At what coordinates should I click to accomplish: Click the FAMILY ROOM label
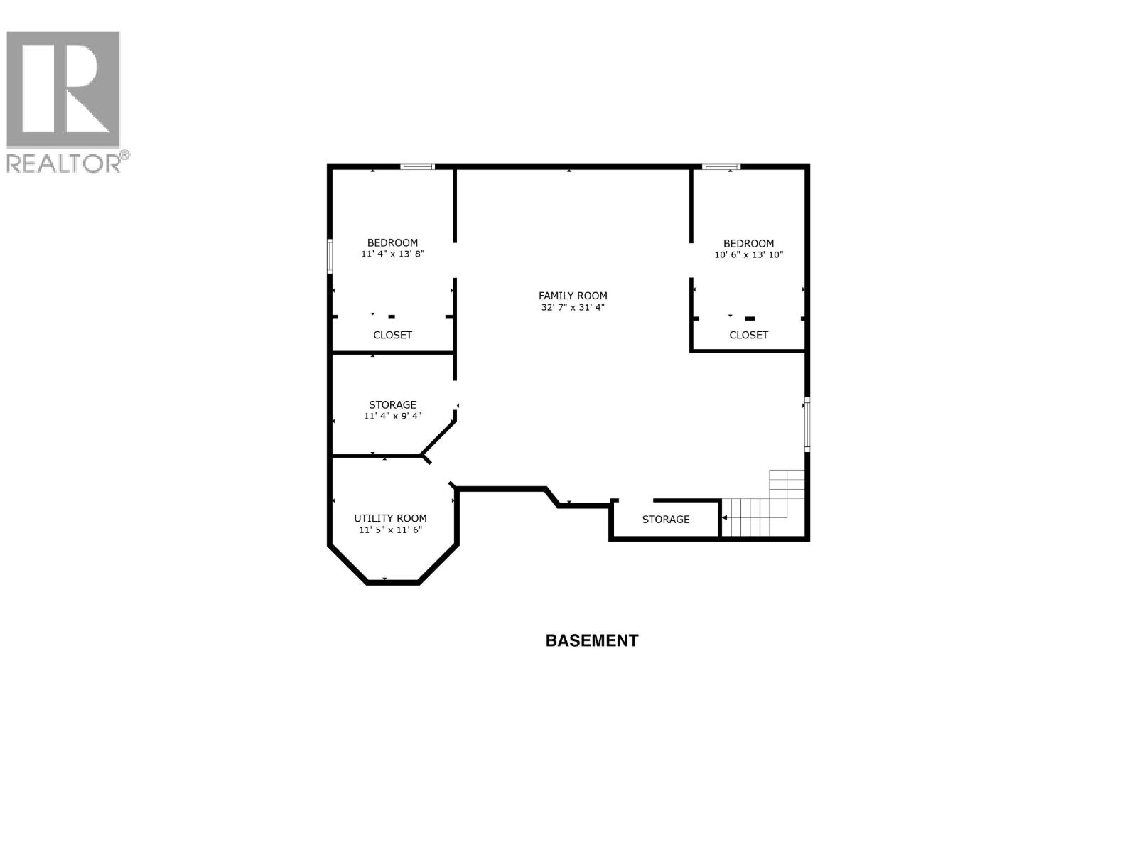pos(573,296)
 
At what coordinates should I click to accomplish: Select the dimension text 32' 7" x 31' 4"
pos(573,308)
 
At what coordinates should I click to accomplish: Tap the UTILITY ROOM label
pos(391,518)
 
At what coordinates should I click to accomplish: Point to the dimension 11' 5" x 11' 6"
pos(391,530)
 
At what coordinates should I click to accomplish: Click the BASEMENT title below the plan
pos(591,640)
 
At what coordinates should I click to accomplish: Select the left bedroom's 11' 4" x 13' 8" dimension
pos(392,254)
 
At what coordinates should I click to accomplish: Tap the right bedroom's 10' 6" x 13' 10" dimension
pos(749,254)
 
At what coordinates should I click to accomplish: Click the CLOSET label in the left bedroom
pos(392,335)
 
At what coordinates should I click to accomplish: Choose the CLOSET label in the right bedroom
pos(749,335)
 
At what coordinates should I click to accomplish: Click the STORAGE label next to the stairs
pos(666,520)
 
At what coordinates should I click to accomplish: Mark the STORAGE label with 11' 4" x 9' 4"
pos(392,404)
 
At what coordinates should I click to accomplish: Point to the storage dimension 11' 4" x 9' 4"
pos(392,416)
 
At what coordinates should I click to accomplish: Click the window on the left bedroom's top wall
pos(417,167)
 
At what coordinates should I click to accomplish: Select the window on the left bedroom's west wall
pos(330,256)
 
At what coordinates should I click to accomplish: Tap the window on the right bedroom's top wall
pos(721,167)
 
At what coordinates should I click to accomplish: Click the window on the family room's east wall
pos(807,425)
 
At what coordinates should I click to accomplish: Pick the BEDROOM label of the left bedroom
pos(392,242)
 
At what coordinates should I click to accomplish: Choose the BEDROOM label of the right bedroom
pos(749,243)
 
